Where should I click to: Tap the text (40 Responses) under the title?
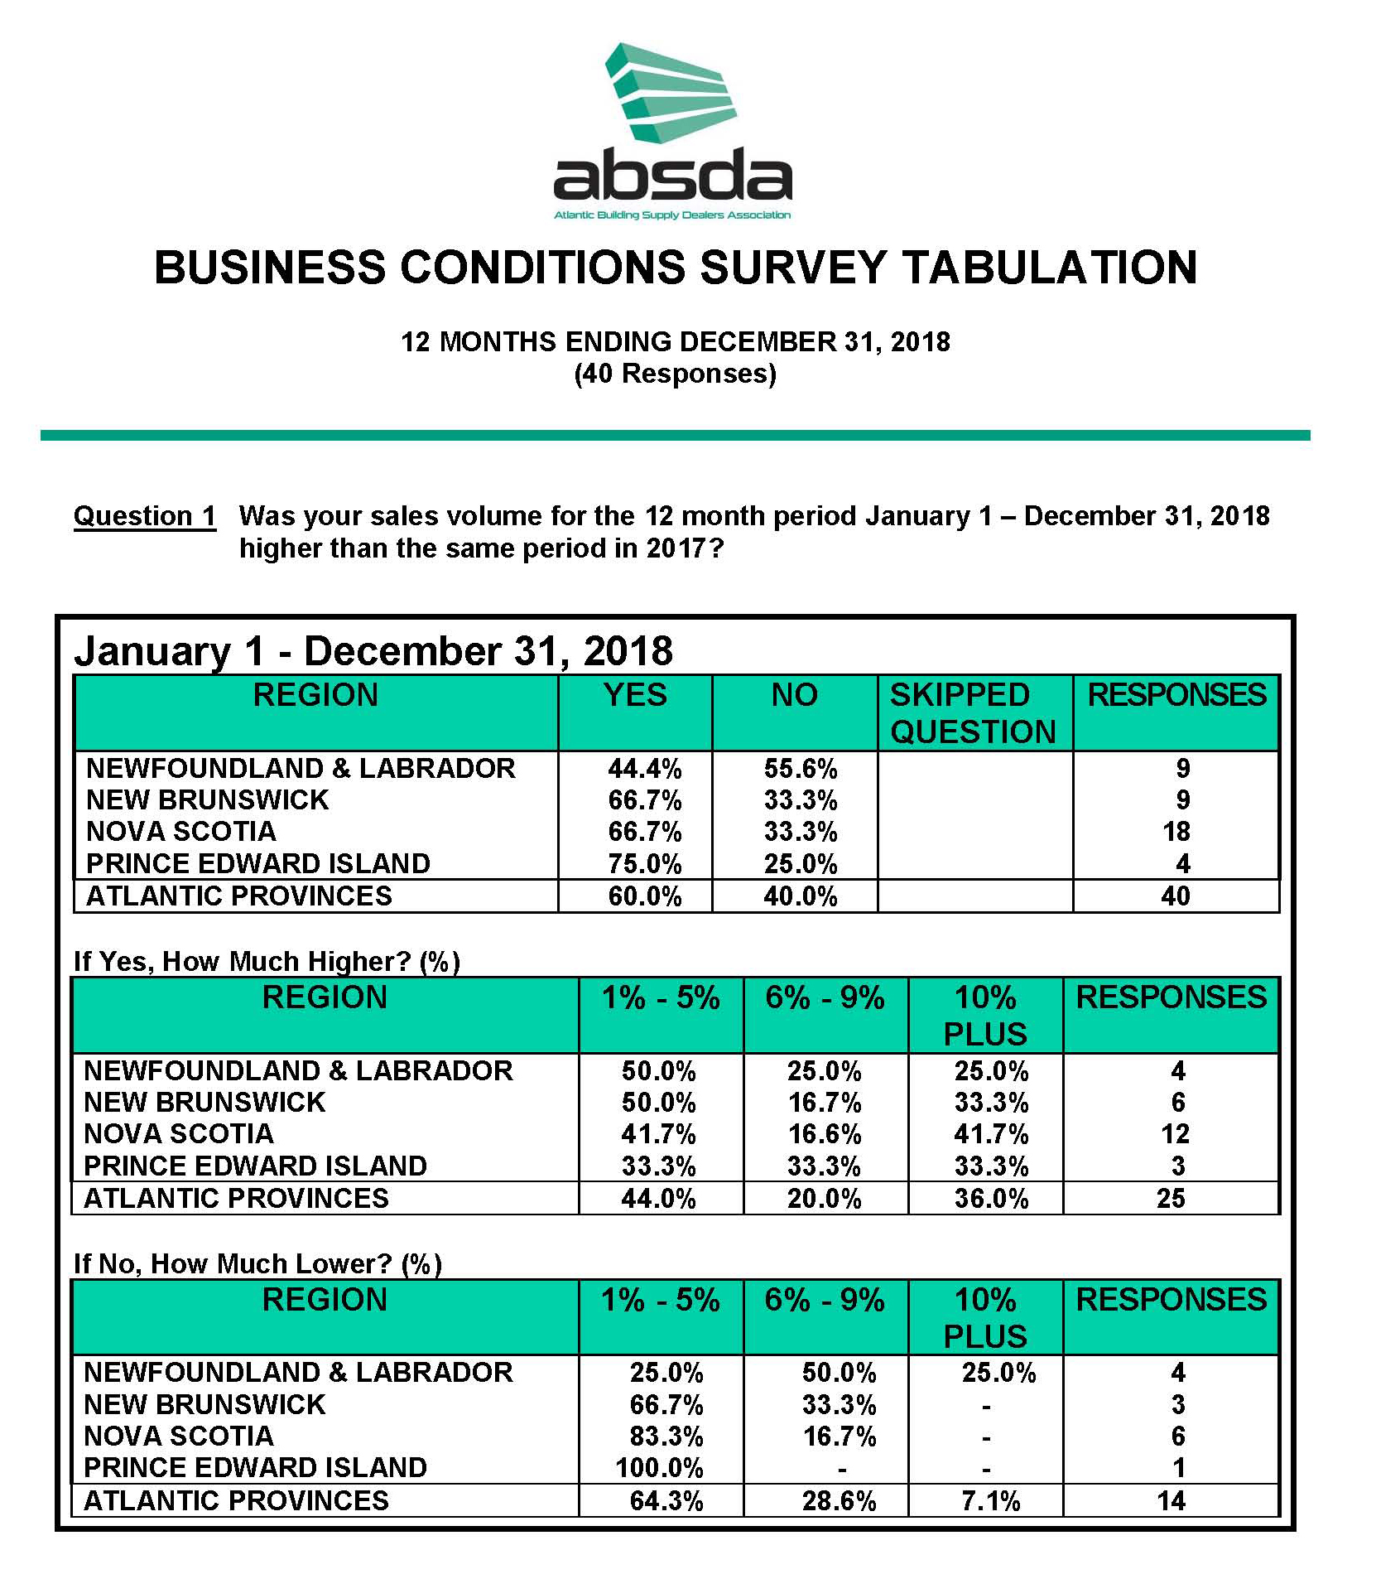coord(675,374)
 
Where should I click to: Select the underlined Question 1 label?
coord(145,516)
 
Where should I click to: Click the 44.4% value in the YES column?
coord(644,769)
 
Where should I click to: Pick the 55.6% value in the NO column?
coord(800,769)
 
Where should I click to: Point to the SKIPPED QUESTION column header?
coord(973,713)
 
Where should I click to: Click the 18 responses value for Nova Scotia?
coord(1176,832)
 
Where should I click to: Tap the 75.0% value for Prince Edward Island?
coord(644,864)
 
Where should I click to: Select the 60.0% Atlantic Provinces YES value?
coord(644,896)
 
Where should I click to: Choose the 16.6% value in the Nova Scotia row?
coord(824,1134)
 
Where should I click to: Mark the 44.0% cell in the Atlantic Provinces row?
coord(658,1199)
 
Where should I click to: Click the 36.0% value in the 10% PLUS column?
coord(991,1199)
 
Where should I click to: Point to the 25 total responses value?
coord(1171,1199)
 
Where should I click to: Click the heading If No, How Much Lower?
coord(257,1263)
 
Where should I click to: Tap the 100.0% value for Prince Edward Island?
coord(659,1468)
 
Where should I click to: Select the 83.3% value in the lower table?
coord(666,1437)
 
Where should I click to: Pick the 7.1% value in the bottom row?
coord(990,1501)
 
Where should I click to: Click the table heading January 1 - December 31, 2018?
coord(373,651)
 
